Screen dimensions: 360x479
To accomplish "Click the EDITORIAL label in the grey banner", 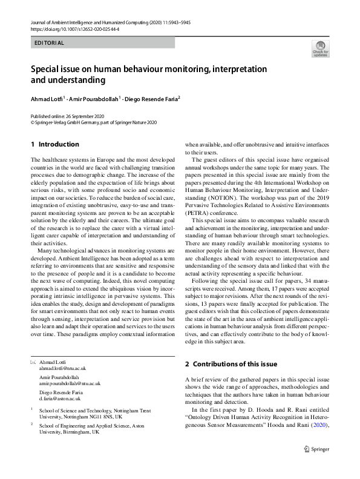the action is [x=50, y=43].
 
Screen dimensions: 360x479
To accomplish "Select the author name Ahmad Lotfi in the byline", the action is [x=49, y=98].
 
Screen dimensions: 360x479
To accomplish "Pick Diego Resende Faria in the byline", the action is [x=152, y=98].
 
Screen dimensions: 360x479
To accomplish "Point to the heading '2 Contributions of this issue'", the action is [x=231, y=364].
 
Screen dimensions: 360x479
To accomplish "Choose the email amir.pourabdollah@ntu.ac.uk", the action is [x=70, y=383].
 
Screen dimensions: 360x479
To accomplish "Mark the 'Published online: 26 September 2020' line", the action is [x=68, y=116].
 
